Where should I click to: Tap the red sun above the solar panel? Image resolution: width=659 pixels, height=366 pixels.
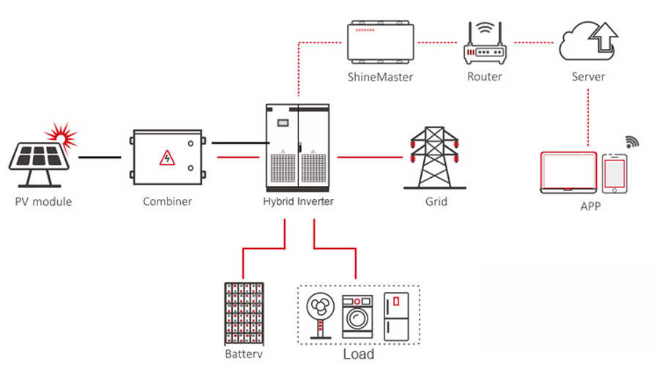[62, 136]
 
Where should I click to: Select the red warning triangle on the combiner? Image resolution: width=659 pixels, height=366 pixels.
[167, 158]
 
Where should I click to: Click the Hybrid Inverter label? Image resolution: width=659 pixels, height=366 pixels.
[298, 201]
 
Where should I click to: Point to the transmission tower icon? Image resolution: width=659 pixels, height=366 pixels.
[434, 157]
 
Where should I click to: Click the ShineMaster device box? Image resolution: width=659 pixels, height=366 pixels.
[380, 42]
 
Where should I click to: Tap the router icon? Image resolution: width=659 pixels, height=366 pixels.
[485, 43]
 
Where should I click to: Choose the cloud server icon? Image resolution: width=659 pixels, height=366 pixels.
[588, 42]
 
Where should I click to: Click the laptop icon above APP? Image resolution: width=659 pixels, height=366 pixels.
[568, 173]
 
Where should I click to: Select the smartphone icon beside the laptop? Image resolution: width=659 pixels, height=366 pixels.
[614, 173]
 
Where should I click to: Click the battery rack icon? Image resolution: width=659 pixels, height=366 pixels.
[244, 313]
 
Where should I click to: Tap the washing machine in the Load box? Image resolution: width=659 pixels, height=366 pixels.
[357, 316]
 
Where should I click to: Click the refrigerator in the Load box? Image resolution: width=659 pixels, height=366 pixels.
[396, 316]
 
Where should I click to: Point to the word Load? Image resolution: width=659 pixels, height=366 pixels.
[359, 354]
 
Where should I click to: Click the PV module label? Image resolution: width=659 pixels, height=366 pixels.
[43, 202]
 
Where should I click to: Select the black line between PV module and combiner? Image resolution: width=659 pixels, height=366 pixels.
[100, 157]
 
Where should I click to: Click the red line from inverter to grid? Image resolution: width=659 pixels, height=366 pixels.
[370, 157]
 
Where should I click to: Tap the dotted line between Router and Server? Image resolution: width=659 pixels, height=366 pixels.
[534, 42]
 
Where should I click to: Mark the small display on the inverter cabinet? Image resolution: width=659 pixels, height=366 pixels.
[283, 123]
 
